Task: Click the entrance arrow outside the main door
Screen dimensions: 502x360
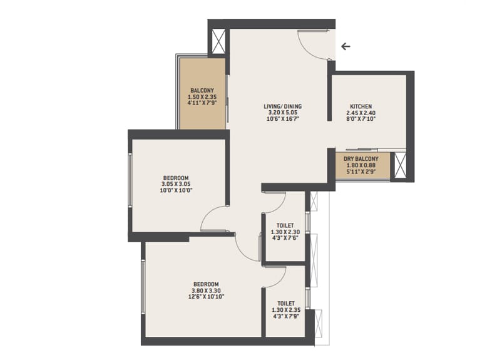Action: click(346, 46)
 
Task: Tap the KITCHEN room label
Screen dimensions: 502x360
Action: click(361, 106)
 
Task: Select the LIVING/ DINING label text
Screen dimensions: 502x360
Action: click(283, 106)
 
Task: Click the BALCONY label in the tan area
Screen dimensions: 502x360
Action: click(202, 91)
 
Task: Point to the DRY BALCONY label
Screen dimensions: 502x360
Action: click(361, 159)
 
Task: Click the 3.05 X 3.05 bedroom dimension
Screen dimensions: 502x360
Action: click(175, 184)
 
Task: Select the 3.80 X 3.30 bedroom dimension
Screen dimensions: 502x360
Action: click(206, 291)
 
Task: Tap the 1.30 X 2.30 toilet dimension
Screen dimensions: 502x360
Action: click(285, 232)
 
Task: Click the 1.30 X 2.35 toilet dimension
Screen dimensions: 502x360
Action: click(286, 310)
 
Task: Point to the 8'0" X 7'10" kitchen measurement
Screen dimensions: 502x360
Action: click(361, 119)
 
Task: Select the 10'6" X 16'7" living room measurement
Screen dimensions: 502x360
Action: click(283, 119)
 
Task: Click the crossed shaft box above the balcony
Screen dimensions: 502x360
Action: click(219, 41)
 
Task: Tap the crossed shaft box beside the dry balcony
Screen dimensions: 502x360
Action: click(400, 165)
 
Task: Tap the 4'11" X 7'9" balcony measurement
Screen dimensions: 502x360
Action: click(202, 103)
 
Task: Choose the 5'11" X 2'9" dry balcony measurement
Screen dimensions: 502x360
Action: click(361, 172)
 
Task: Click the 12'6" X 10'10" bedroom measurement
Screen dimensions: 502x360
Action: click(206, 297)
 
